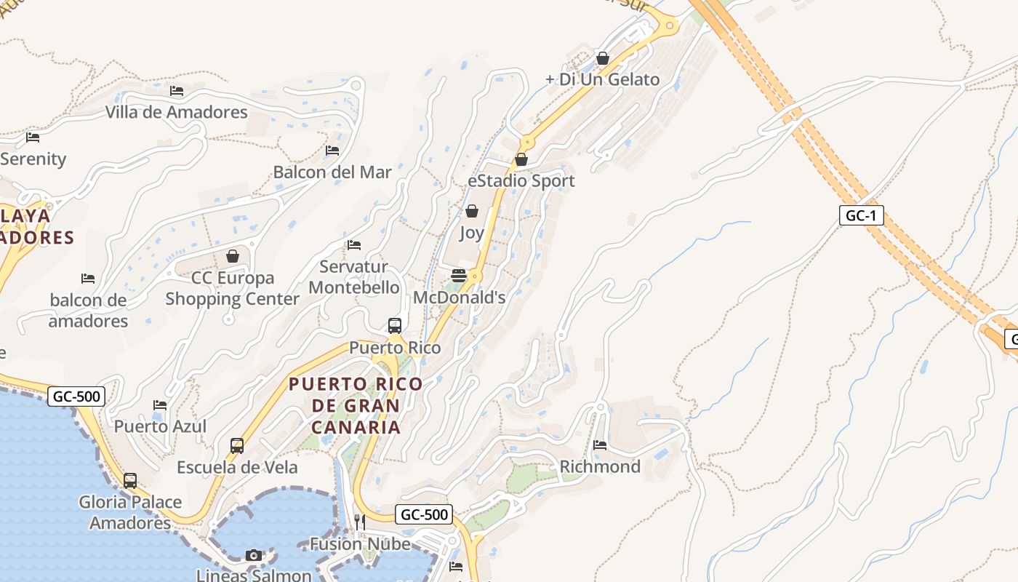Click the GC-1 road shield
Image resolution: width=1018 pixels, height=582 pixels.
pos(861,215)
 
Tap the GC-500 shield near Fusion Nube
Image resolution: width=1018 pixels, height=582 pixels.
pos(425,514)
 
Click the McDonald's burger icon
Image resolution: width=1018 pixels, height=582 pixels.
pos(459,276)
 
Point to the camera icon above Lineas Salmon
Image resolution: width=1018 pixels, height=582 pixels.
pos(253,555)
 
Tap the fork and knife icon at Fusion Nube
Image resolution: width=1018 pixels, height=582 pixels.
pos(359,522)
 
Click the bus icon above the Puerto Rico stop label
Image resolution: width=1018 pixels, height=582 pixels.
pos(395,325)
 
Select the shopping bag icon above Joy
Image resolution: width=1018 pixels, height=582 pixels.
pos(472,211)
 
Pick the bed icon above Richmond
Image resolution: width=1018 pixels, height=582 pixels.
pos(600,445)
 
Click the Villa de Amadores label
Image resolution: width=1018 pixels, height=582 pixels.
pos(177,112)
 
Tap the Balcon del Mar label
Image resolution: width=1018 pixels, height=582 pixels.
pos(332,172)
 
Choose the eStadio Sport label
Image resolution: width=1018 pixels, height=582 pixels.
pos(521,180)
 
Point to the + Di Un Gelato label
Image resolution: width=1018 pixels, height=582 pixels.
pos(603,79)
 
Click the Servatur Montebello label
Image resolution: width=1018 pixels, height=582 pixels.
pos(354,276)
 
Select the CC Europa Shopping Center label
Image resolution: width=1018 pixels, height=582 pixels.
pos(233,288)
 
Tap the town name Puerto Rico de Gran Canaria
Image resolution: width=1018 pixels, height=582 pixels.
pos(356,405)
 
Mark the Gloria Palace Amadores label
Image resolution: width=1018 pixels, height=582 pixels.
pos(130,512)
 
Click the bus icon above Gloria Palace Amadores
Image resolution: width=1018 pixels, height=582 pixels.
pos(130,480)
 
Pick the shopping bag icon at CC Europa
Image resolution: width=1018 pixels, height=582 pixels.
pos(233,256)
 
